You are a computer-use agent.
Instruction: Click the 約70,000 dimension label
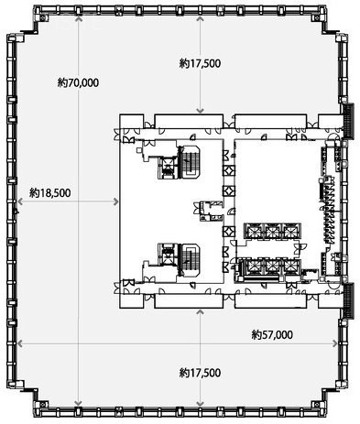point(78,82)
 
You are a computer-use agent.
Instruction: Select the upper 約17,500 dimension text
point(200,63)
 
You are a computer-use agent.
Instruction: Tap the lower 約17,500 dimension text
point(200,373)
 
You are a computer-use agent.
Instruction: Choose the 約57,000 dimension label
point(272,334)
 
